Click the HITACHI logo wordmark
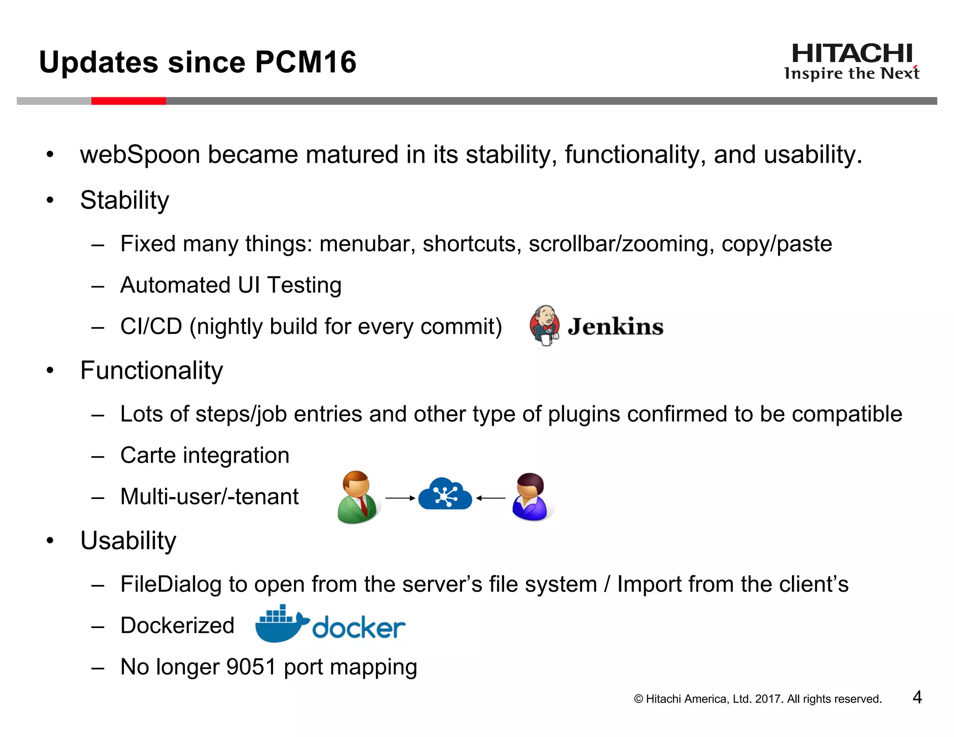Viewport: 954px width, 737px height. click(x=852, y=54)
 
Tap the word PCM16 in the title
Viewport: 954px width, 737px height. click(x=306, y=62)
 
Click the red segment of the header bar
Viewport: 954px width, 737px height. click(x=129, y=101)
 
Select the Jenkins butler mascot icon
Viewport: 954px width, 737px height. click(x=544, y=325)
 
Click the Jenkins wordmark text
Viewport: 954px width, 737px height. click(x=615, y=326)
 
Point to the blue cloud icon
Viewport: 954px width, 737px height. click(x=445, y=494)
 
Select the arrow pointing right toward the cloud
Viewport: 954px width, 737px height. click(x=400, y=498)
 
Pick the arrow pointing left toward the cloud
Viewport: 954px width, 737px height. click(x=491, y=498)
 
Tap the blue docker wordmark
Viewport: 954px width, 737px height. click(x=359, y=628)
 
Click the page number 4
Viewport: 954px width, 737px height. click(x=917, y=697)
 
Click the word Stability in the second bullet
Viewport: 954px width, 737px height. click(x=124, y=200)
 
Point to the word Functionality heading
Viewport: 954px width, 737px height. click(x=151, y=370)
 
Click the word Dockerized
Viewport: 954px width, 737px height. click(x=177, y=625)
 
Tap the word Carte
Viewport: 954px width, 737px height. click(x=148, y=455)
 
